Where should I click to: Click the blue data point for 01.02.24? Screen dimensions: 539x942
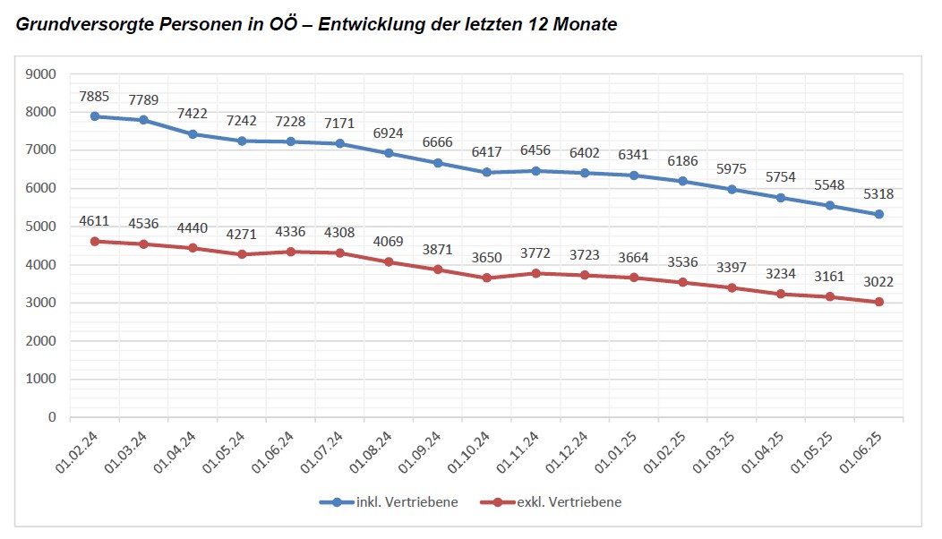(94, 116)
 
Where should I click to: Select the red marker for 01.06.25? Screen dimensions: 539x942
(879, 302)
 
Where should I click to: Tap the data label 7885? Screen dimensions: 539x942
(94, 95)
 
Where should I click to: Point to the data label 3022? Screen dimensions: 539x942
(879, 281)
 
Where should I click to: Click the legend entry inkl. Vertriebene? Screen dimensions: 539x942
(389, 502)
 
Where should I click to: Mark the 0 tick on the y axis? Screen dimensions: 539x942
(53, 417)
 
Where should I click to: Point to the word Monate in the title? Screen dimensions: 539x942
(587, 25)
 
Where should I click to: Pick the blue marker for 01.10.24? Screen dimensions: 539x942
(487, 172)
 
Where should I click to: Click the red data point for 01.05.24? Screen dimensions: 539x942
(242, 254)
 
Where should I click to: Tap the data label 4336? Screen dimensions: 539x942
(290, 231)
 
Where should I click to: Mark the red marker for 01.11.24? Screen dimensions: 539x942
(535, 273)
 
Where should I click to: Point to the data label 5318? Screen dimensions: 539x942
(879, 193)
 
